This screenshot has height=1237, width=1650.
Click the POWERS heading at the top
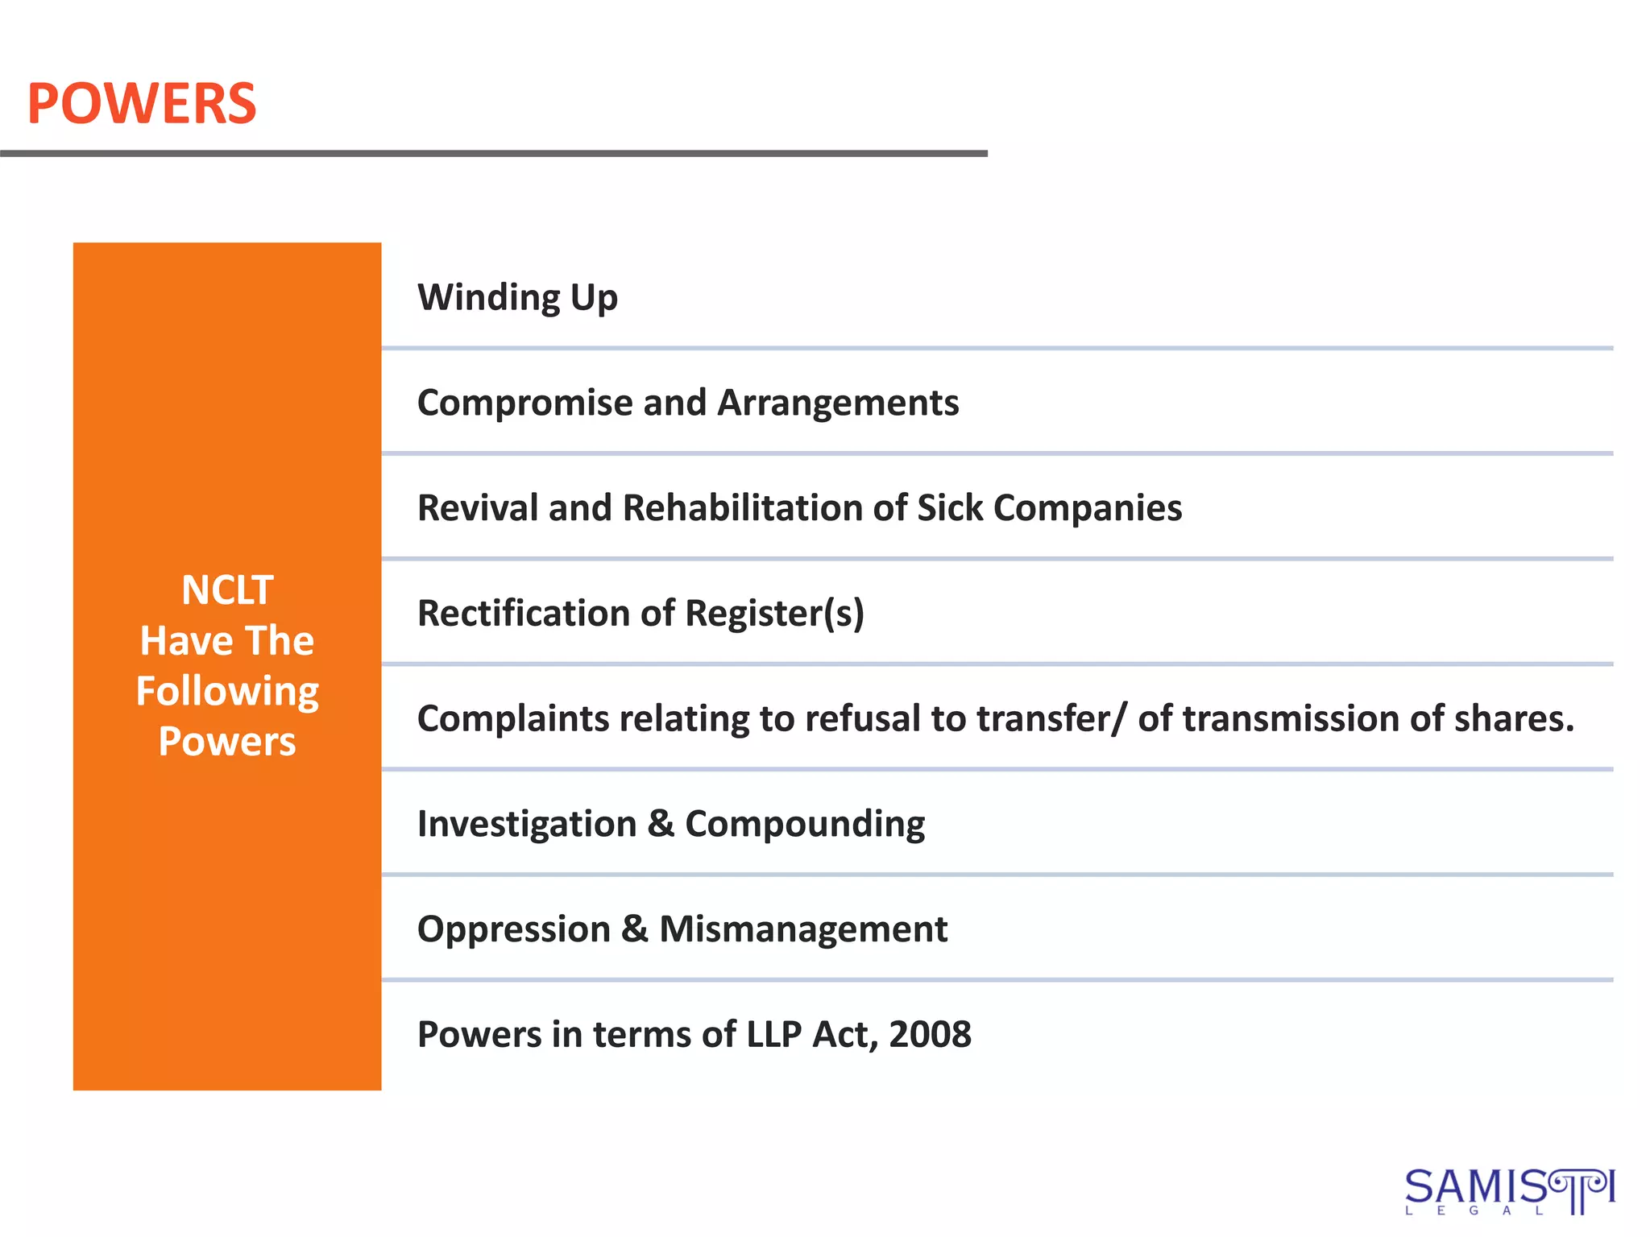[142, 105]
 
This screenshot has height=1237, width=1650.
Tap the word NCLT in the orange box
[227, 590]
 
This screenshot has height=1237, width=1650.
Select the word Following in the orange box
[227, 692]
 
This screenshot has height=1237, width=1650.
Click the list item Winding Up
[517, 297]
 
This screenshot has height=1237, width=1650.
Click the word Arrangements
[838, 403]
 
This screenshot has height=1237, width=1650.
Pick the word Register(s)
[774, 614]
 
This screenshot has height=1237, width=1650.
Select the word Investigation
[527, 824]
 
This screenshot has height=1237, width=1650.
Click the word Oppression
[513, 929]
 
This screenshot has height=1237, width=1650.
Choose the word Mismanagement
[803, 929]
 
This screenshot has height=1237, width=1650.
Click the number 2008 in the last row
[930, 1035]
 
